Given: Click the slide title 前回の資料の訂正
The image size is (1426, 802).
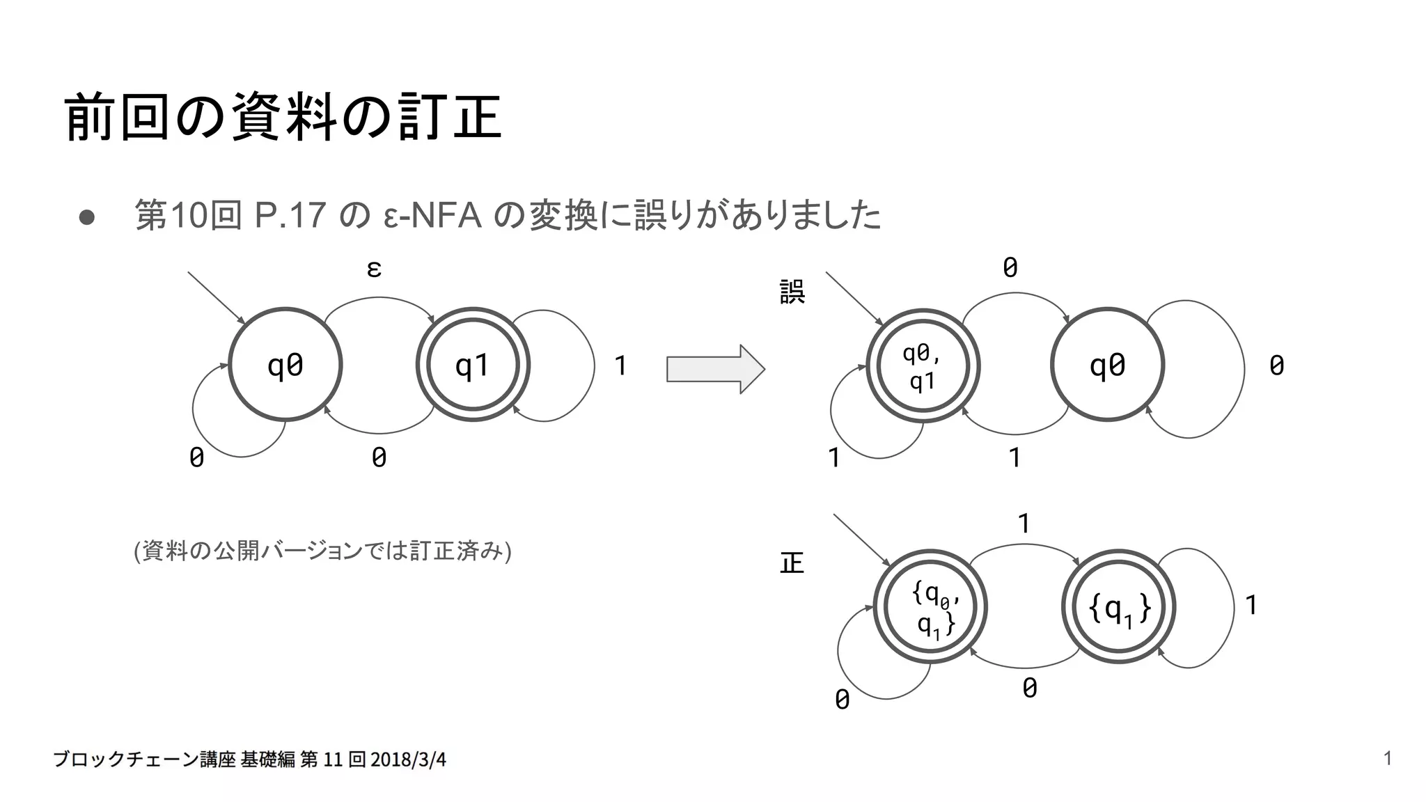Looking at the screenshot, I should point(283,117).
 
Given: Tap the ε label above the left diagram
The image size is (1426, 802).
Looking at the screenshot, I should point(374,269).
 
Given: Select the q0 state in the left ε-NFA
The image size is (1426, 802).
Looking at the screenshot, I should point(285,365).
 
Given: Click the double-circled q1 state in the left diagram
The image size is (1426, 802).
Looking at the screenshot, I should point(473,365).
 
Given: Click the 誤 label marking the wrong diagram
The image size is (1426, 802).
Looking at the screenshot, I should point(792,292).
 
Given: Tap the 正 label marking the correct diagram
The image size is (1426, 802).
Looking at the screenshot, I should point(792,563).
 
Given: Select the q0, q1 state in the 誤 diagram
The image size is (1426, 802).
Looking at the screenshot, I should point(923,366).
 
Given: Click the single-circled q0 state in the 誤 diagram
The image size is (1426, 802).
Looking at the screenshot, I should point(1107,365).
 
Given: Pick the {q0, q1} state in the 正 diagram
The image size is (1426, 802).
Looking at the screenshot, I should point(930,607).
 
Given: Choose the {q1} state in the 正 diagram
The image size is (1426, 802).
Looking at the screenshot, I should point(1119,607).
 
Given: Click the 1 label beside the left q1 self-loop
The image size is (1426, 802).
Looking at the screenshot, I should point(620,365).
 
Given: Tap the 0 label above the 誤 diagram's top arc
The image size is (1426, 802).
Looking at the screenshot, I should point(1010,267).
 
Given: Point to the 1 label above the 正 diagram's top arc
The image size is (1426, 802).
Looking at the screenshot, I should point(1024,524).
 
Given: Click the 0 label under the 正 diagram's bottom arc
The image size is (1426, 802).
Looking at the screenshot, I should point(1030,688).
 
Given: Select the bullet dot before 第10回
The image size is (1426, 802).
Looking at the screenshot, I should point(87,217).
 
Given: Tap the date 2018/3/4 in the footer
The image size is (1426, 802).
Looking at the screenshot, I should point(408,760).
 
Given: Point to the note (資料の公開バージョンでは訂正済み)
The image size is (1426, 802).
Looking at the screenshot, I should point(322,551).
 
